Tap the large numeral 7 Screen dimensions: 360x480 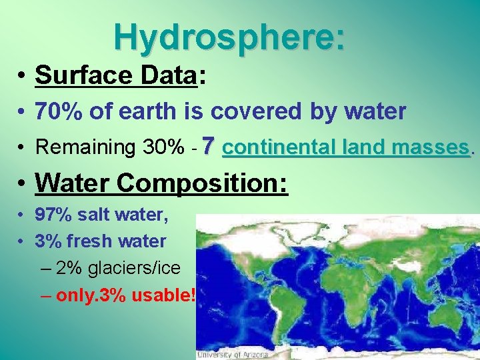tap(209, 145)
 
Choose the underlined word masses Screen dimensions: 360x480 tap(431, 147)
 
